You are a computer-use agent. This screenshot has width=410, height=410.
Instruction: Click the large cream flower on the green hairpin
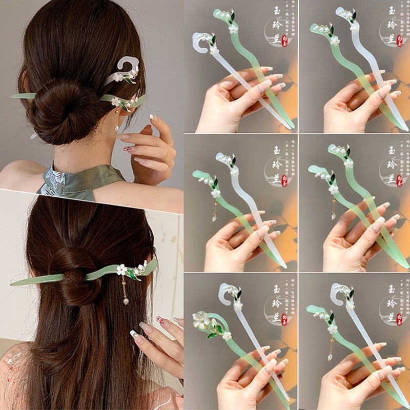point(203,321)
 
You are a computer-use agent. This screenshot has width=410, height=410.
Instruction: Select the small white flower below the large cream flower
point(226,336)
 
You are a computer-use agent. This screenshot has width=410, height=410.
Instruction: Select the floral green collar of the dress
point(77,177)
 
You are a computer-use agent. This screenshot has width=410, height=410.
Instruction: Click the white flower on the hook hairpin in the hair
point(119,78)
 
